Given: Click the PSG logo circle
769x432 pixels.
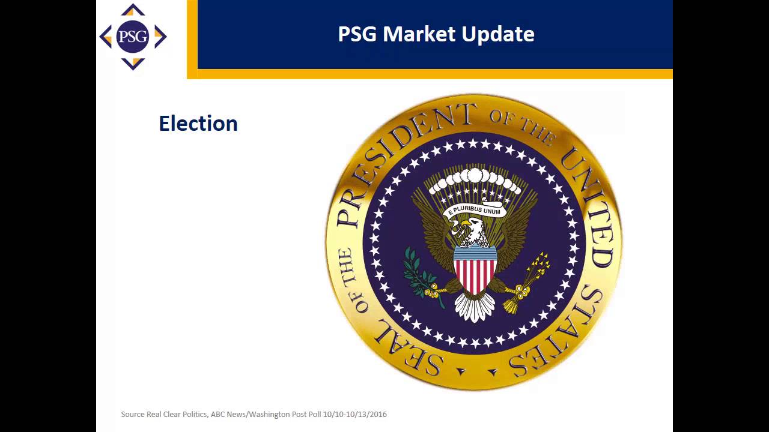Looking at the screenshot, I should (x=133, y=37).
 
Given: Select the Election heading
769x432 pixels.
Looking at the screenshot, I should (x=198, y=123).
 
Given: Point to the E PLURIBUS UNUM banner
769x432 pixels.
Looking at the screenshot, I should (x=475, y=210).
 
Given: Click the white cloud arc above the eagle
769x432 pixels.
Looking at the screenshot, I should (x=475, y=178).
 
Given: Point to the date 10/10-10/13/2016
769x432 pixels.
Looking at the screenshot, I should (x=355, y=415).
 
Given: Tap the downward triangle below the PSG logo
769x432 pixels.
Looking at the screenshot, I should (x=133, y=64).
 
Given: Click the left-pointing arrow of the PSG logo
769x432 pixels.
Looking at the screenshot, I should (x=106, y=37).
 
